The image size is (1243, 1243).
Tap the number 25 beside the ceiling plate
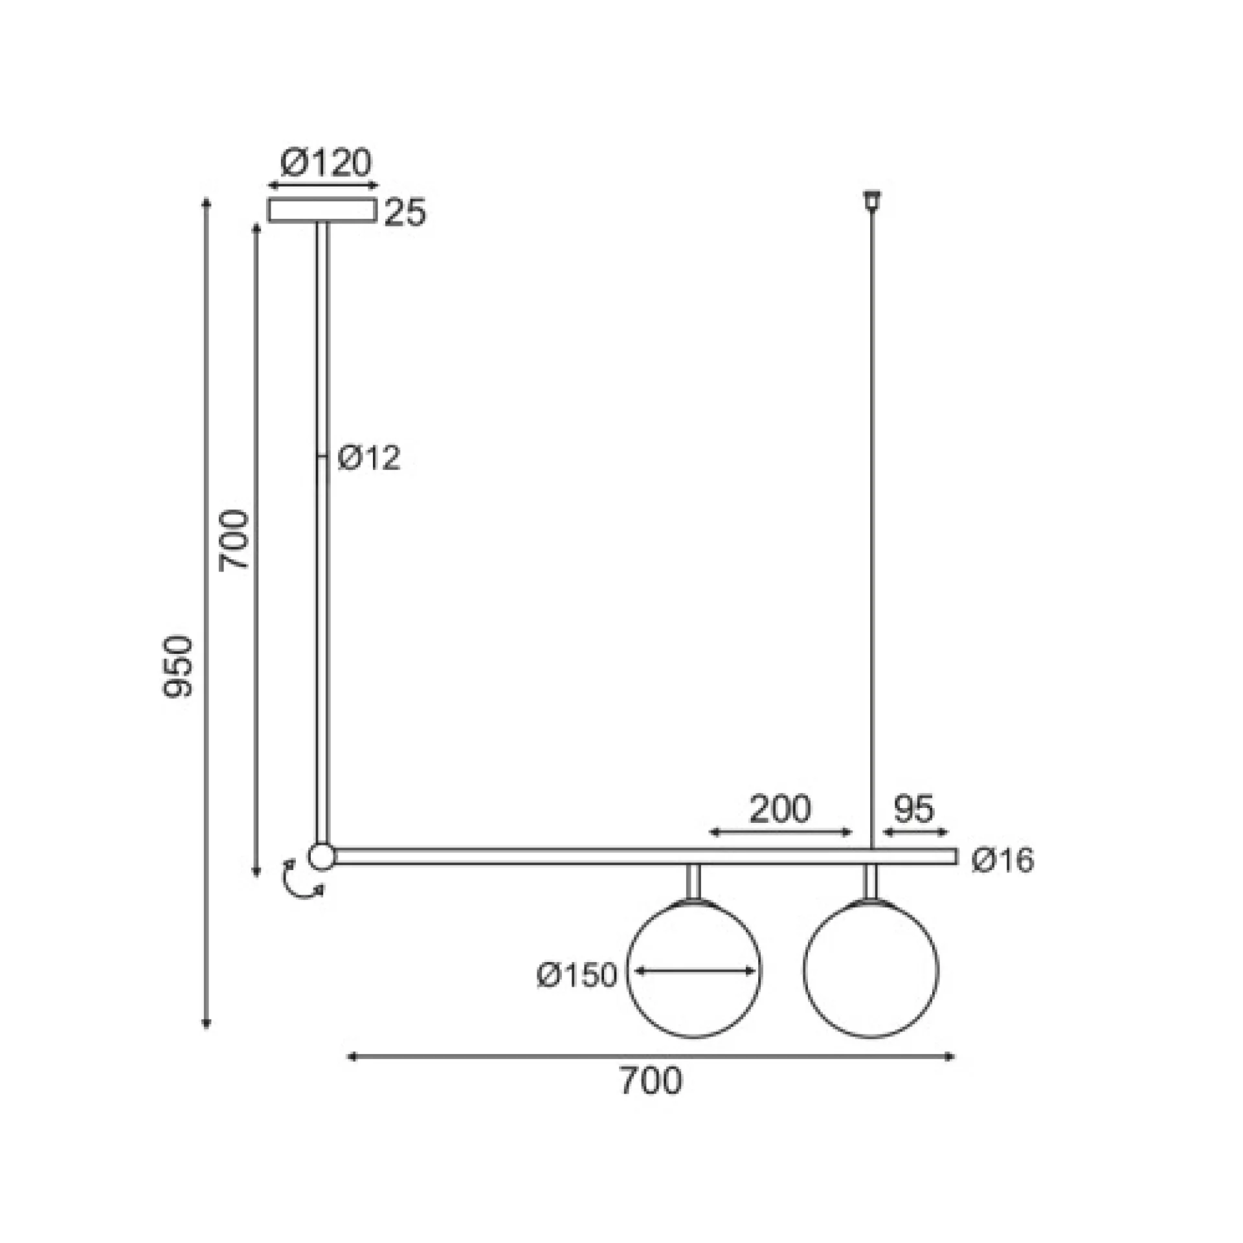click(406, 213)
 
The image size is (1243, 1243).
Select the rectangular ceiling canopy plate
click(322, 210)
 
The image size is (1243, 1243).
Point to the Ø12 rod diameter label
click(369, 458)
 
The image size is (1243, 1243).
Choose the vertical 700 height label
click(234, 541)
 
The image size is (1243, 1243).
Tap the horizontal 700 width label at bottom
click(651, 1081)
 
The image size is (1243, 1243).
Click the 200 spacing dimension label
click(780, 809)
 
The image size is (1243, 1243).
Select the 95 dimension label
click(914, 809)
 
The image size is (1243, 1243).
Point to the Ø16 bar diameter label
click(1003, 860)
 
